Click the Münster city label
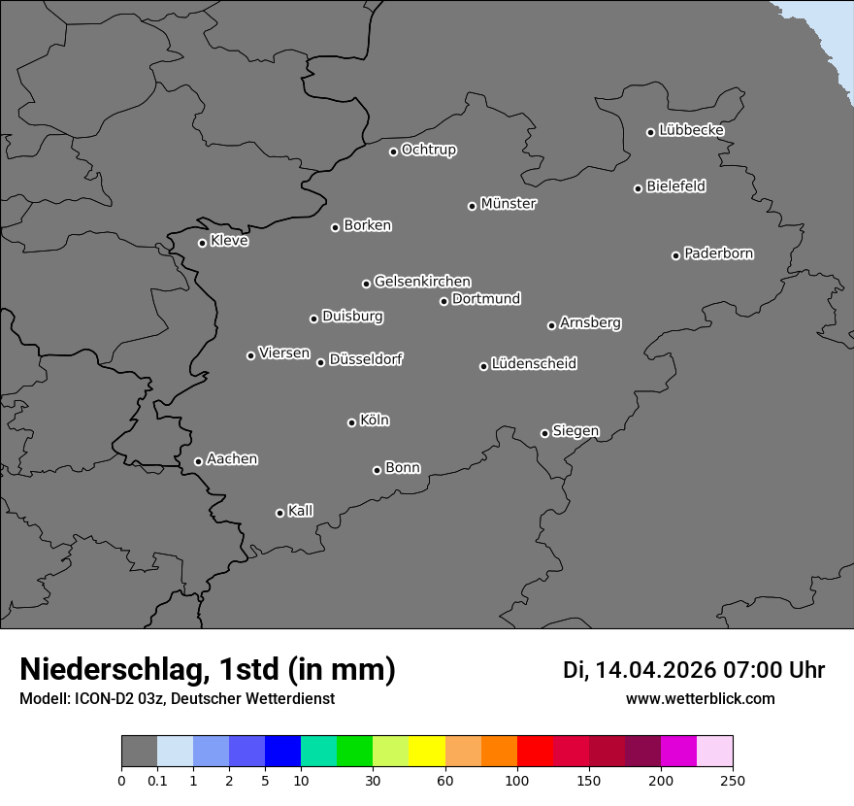[509, 204]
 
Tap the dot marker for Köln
[351, 422]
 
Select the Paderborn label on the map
[719, 253]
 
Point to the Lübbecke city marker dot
[650, 132]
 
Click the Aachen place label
[232, 459]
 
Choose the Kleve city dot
[202, 243]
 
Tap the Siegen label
[575, 431]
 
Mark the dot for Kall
[279, 513]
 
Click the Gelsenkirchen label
[422, 282]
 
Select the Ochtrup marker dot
[393, 151]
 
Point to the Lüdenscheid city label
[534, 364]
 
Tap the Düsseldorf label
[366, 359]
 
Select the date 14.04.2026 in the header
[656, 670]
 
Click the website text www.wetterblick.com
[701, 698]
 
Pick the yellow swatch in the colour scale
[427, 752]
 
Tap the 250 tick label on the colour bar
[733, 780]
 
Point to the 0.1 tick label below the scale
[157, 780]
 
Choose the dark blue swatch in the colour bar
[283, 752]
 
